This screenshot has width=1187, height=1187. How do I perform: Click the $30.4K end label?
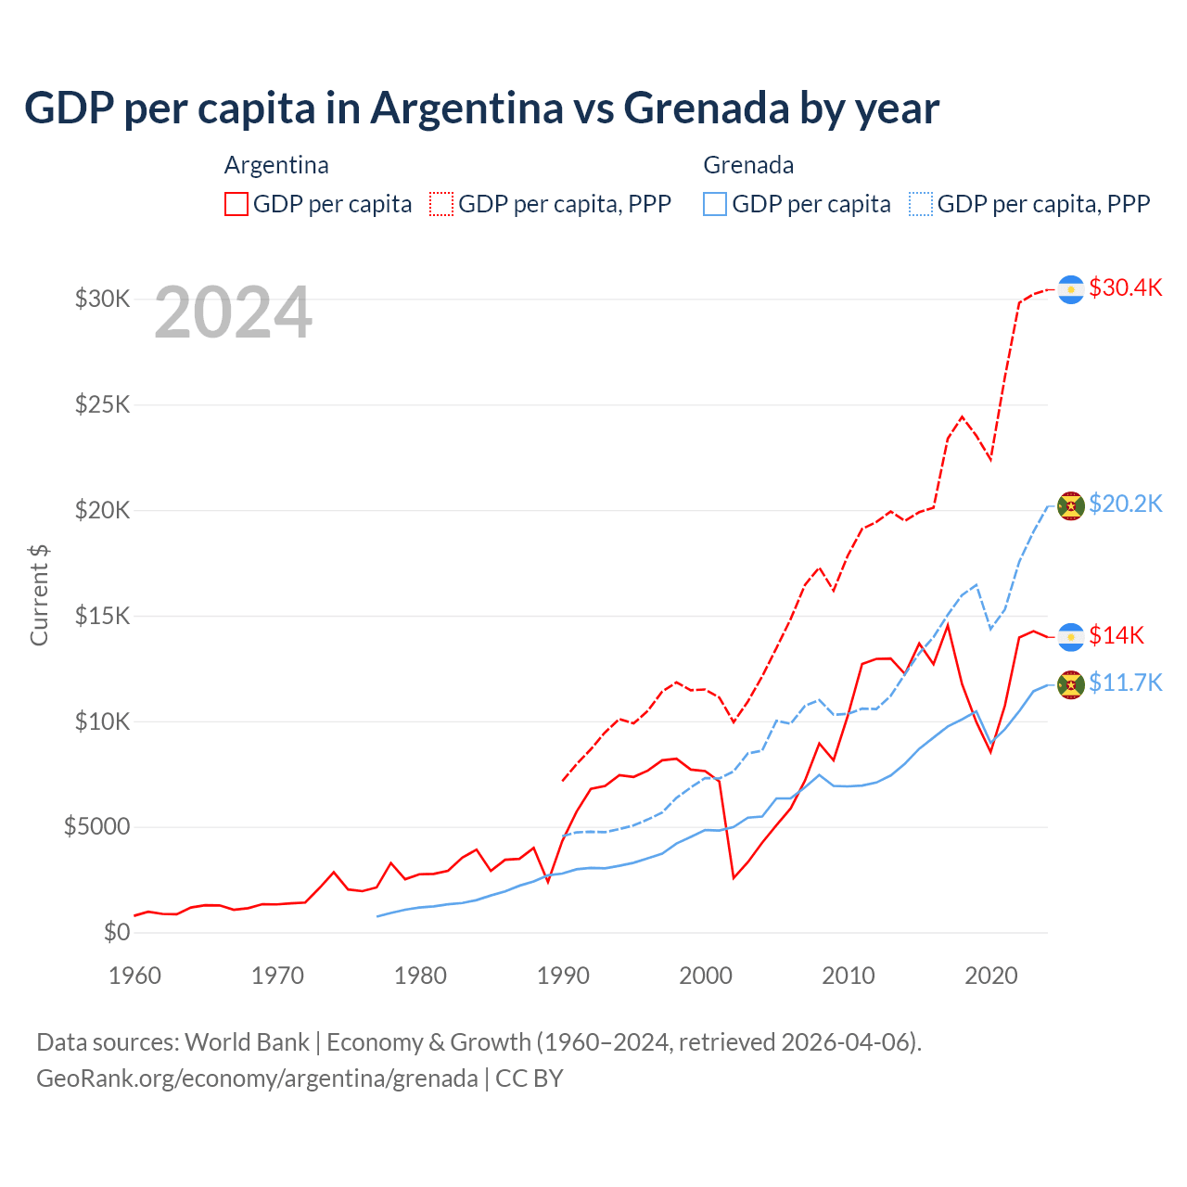(x=1125, y=287)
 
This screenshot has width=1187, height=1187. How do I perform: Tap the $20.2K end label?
(x=1125, y=504)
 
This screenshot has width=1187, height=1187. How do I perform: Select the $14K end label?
(x=1117, y=635)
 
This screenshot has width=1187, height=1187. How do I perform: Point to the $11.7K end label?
(x=1125, y=683)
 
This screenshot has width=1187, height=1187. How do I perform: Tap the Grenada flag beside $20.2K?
(x=1071, y=506)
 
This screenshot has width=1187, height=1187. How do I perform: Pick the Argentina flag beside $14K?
(x=1071, y=637)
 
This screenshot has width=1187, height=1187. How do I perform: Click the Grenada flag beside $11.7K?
(x=1071, y=685)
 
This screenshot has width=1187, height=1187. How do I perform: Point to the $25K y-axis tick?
(x=103, y=405)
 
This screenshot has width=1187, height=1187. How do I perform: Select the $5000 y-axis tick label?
(x=96, y=827)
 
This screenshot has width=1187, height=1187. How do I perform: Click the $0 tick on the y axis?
(x=117, y=932)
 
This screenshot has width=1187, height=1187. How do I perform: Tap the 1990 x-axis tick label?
(x=564, y=976)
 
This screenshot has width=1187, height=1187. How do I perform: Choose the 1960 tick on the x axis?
(x=135, y=976)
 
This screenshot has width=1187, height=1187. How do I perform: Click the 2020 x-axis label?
(x=991, y=976)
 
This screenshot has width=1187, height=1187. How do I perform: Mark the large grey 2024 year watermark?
(x=233, y=313)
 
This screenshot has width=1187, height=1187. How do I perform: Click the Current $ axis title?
(x=39, y=595)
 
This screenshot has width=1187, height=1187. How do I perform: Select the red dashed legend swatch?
(x=441, y=204)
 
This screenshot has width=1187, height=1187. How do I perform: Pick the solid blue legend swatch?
(x=715, y=204)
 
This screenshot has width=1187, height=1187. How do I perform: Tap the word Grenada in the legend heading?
(x=748, y=165)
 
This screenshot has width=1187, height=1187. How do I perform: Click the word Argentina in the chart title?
(x=467, y=108)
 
